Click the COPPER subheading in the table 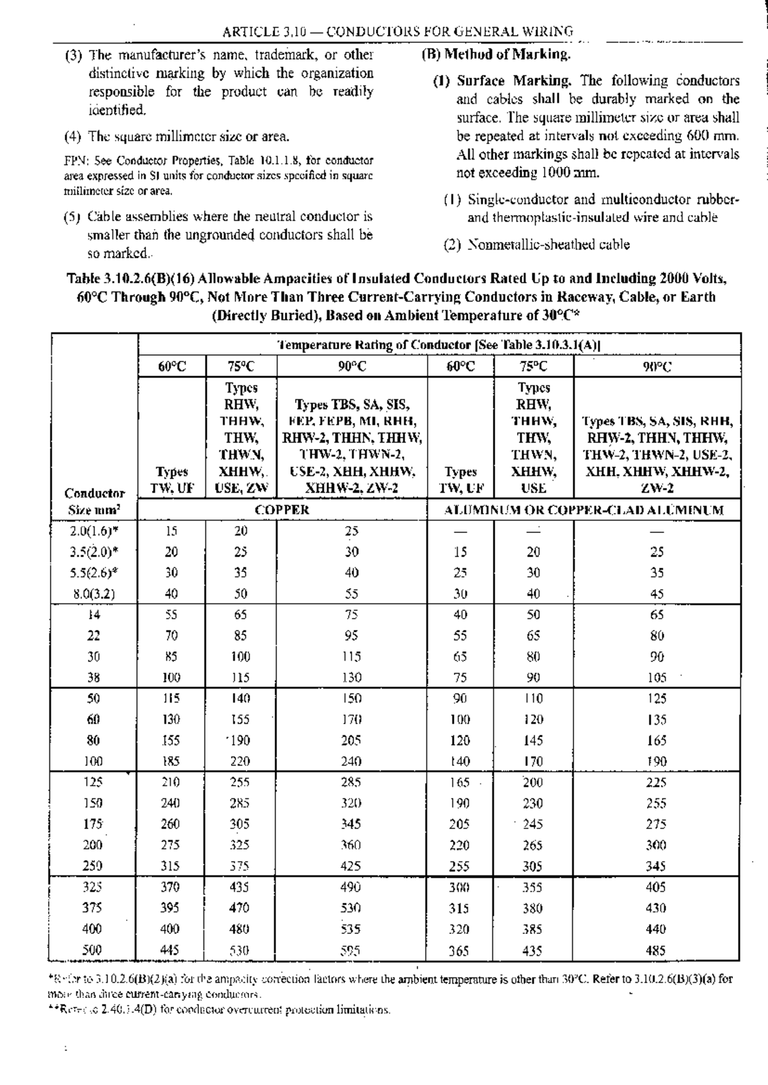tap(282, 510)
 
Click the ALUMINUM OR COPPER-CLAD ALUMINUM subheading tap(584, 510)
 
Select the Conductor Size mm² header tap(94, 502)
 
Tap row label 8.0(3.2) tap(94, 593)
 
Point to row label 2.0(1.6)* tap(94, 530)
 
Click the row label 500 tap(93, 950)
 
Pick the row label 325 tap(93, 887)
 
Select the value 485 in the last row tap(656, 950)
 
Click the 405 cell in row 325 tap(656, 887)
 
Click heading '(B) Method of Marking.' tap(496, 54)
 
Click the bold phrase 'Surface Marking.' tap(514, 81)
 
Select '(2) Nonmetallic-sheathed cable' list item tap(537, 244)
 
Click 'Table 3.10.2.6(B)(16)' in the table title tap(131, 279)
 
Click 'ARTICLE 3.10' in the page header tap(259, 31)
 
